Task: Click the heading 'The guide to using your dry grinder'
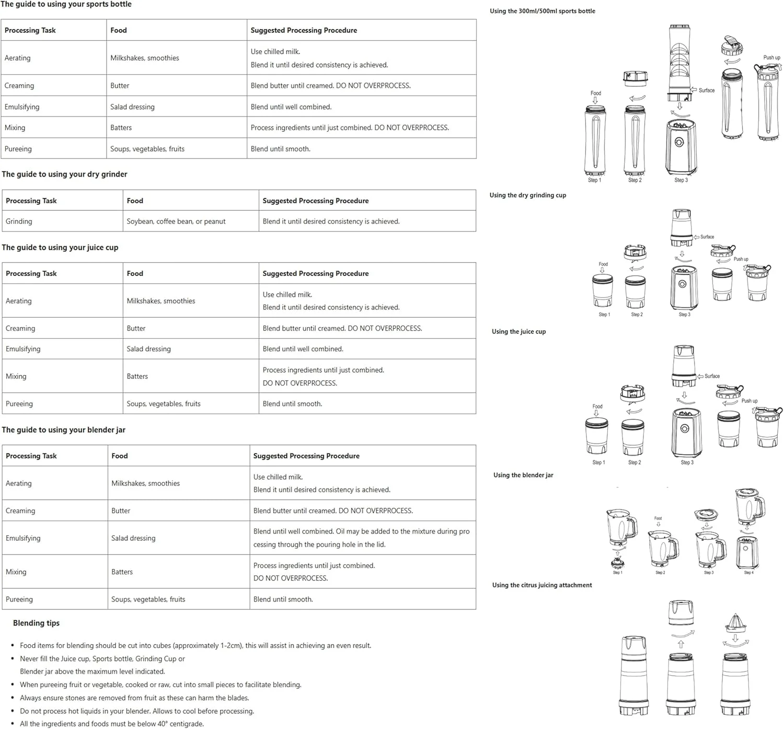click(64, 175)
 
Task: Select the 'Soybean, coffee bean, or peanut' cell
click(176, 222)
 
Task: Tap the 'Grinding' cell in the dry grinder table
click(19, 222)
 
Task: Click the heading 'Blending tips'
click(36, 623)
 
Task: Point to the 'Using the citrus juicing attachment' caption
click(542, 585)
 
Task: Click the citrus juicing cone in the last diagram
click(735, 622)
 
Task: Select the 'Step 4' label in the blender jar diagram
click(748, 573)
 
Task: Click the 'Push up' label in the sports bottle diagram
click(771, 57)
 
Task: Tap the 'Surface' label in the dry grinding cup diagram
click(707, 237)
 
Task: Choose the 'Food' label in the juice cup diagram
click(597, 407)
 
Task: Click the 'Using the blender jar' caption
click(523, 475)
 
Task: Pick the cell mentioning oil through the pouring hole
click(361, 538)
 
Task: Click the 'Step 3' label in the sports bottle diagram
click(681, 180)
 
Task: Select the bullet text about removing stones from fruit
click(134, 698)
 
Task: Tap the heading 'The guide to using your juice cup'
click(60, 248)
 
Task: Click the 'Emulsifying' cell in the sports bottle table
click(22, 107)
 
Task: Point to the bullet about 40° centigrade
click(112, 724)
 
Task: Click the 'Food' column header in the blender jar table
click(120, 456)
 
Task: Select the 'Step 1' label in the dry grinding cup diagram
click(604, 315)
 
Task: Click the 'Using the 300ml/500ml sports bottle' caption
click(542, 11)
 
